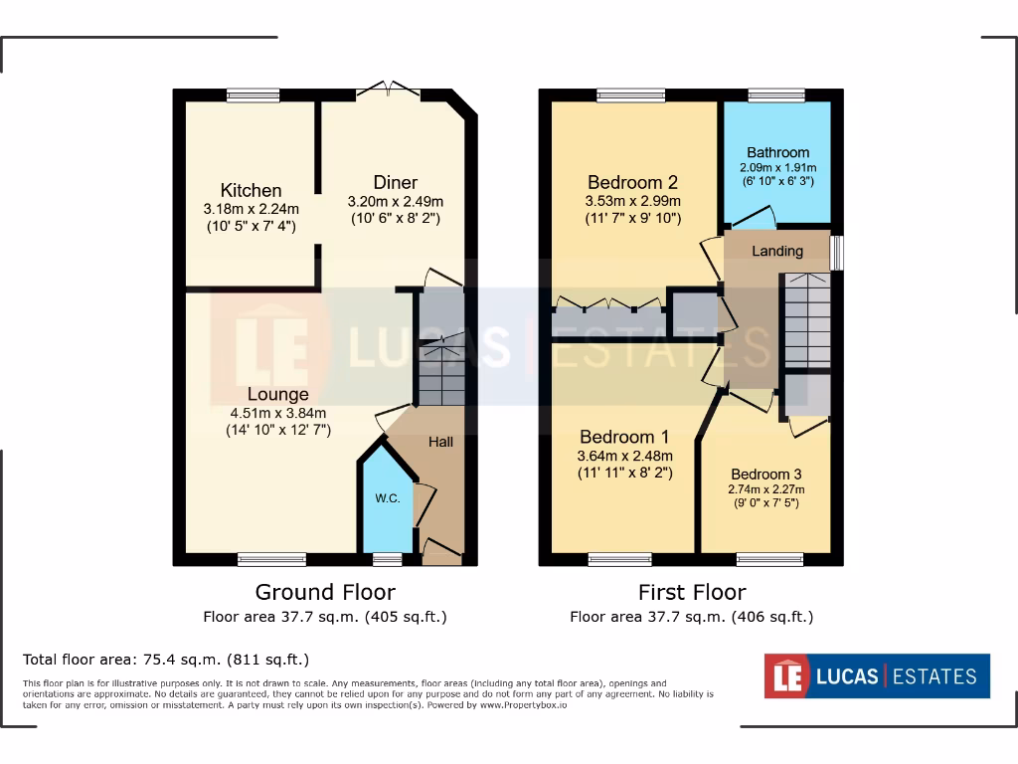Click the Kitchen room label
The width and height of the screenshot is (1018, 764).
251,190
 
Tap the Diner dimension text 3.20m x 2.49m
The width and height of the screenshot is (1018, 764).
395,200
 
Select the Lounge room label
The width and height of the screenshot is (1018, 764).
277,395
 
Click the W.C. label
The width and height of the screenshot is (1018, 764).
388,498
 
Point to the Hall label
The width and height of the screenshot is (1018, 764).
440,441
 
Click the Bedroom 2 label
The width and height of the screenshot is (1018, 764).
632,182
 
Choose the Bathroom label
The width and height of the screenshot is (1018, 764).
777,152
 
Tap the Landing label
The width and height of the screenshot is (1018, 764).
776,251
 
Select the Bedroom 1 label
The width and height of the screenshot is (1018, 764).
624,437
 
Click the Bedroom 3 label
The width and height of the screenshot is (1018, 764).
765,475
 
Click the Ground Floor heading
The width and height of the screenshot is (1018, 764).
325,593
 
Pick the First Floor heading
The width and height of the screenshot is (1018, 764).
692,593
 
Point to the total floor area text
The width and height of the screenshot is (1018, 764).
166,659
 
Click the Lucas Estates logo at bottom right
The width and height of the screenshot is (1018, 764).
876,676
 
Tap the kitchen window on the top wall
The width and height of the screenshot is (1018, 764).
253,95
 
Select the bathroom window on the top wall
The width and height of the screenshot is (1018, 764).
775,95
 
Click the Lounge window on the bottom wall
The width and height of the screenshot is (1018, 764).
271,559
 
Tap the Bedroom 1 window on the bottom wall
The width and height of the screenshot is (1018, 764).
619,559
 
